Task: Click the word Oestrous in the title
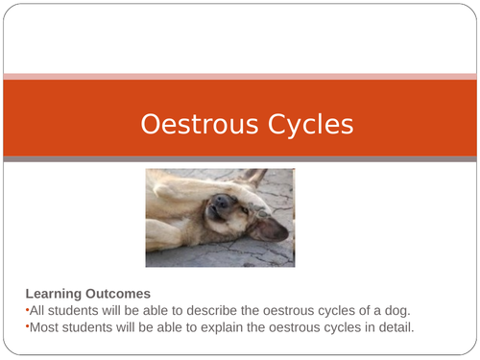pyautogui.click(x=189, y=125)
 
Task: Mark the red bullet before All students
pyautogui.click(x=27, y=309)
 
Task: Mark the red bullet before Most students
pyautogui.click(x=27, y=325)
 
